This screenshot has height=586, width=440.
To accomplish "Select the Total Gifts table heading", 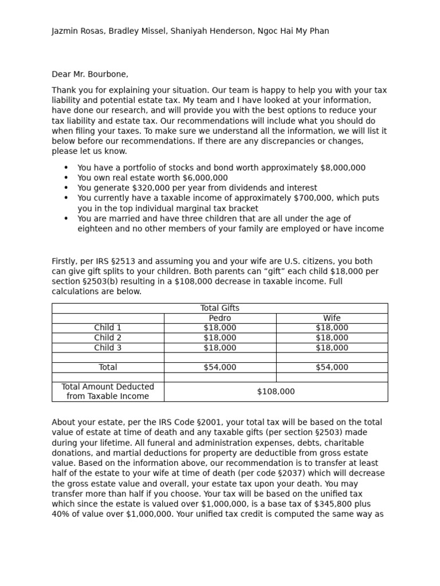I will (x=220, y=308).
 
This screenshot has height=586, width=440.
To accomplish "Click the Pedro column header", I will (x=220, y=318).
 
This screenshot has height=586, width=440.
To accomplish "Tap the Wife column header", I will (x=332, y=318).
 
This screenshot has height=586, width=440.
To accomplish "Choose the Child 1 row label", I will (x=108, y=328).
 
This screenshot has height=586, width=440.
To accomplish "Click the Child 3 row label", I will (x=108, y=347).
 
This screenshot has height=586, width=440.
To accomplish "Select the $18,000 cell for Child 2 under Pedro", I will (x=220, y=338).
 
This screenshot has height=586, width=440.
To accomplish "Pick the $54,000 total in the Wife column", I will (x=332, y=367).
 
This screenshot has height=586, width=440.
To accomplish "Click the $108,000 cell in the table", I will (x=276, y=391).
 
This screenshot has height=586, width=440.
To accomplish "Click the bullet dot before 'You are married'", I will (x=66, y=219).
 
